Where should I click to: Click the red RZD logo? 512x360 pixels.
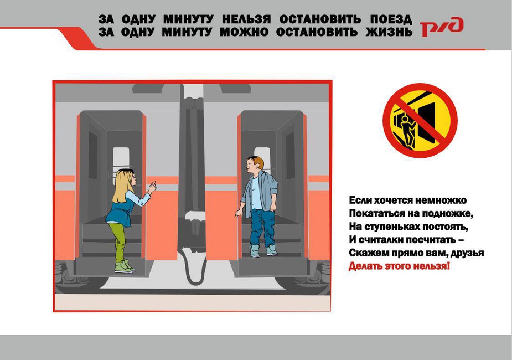442,27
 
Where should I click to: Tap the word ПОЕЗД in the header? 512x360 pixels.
391,20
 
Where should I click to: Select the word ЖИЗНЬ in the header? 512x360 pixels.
389,32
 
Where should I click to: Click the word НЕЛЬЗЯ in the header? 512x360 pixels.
246,19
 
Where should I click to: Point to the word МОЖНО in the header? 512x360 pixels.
244,32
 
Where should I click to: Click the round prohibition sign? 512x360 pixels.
420,121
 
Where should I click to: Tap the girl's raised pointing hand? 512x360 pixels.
152,187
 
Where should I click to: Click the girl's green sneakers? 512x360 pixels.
125,266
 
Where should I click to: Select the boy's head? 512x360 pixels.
255,167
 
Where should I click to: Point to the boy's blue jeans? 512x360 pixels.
262,228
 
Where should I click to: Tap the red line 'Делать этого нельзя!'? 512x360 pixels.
399,266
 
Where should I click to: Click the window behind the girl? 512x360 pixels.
121,163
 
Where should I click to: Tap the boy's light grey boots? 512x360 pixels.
263,251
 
